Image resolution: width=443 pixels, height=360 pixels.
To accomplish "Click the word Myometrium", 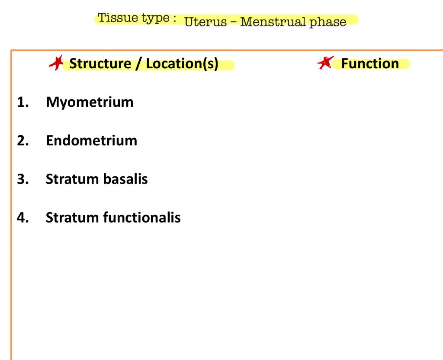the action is click(90, 102).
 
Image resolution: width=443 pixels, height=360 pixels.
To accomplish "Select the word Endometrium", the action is click(91, 140).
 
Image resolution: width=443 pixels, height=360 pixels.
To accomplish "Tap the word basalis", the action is click(125, 178).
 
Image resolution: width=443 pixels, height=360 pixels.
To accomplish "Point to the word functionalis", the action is click(142, 217).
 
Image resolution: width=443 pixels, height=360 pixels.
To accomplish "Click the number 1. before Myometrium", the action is click(23, 102).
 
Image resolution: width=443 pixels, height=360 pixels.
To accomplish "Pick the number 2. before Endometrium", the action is click(23, 140).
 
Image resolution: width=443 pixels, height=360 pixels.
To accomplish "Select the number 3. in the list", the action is click(23, 178).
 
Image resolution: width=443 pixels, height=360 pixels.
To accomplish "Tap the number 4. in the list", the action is click(23, 217).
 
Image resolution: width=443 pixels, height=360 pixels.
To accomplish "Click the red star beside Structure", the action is click(55, 64).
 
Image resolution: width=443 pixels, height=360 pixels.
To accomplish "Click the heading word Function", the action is click(370, 64).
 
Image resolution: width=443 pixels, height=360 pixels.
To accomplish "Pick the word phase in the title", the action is click(327, 22).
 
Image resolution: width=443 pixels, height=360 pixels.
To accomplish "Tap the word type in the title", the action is click(151, 19).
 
